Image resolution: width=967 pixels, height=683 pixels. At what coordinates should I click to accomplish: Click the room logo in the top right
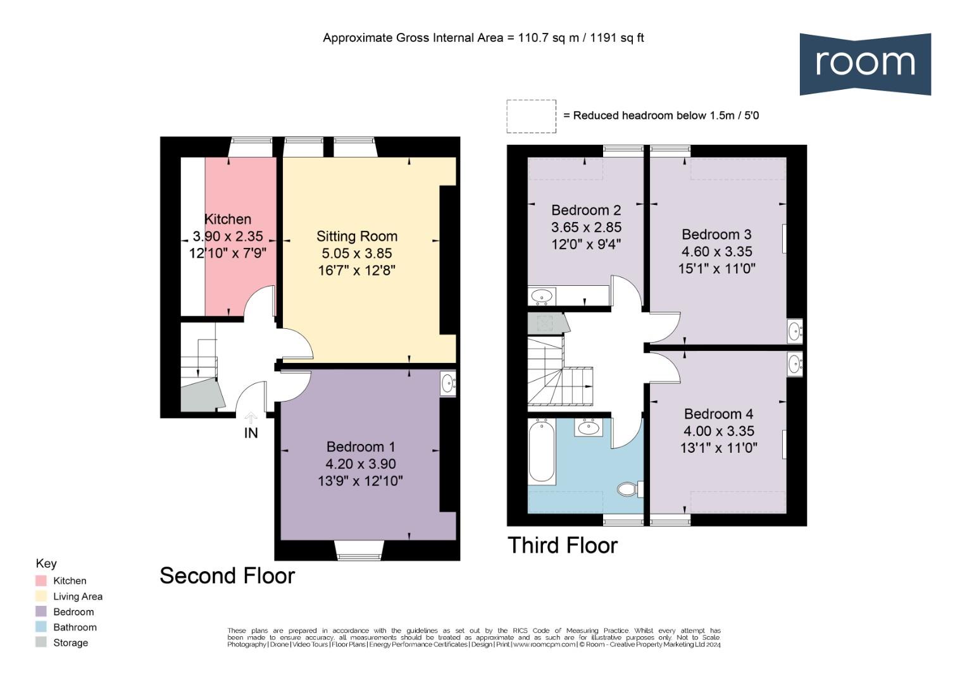click(x=864, y=64)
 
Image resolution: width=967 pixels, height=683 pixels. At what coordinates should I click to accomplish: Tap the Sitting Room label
click(x=357, y=237)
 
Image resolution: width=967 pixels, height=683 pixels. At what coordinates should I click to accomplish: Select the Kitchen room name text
click(x=228, y=219)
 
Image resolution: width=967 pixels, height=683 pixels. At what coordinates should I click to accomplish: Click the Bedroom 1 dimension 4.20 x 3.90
click(x=360, y=464)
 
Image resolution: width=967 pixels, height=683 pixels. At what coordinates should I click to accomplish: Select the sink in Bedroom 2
click(x=542, y=295)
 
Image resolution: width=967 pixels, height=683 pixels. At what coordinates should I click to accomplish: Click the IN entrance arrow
click(x=251, y=419)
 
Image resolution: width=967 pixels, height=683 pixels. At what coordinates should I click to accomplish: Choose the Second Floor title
click(x=227, y=575)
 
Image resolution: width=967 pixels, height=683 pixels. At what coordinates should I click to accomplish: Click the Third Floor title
click(x=563, y=545)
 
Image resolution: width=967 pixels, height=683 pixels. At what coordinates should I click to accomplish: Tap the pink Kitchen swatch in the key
click(x=41, y=581)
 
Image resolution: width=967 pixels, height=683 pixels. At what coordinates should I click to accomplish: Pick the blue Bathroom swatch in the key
click(x=41, y=627)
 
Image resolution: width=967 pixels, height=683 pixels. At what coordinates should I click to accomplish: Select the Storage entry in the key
click(x=70, y=643)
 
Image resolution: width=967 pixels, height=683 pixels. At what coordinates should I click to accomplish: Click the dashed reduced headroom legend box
click(x=531, y=116)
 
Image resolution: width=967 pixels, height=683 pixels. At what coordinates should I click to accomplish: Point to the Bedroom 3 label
click(x=716, y=235)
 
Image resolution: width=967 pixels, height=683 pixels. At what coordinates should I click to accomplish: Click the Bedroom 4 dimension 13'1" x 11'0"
click(x=718, y=448)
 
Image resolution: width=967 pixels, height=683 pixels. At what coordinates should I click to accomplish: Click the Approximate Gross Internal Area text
click(x=483, y=38)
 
